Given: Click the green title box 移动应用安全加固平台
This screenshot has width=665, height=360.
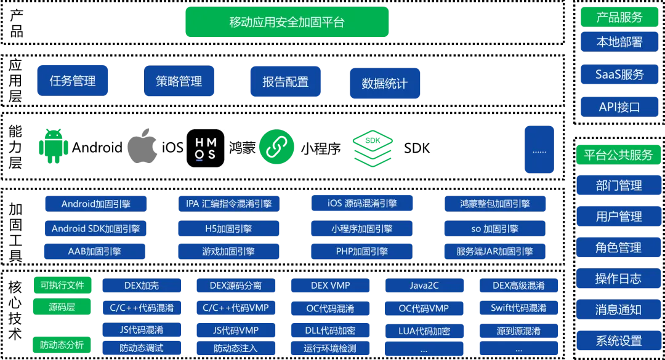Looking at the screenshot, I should pyautogui.click(x=286, y=22).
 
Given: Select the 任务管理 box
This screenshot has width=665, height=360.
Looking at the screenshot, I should pyautogui.click(x=72, y=81).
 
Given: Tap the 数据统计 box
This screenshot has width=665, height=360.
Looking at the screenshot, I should pyautogui.click(x=385, y=83).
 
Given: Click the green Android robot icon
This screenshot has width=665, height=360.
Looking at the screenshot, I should pyautogui.click(x=53, y=147).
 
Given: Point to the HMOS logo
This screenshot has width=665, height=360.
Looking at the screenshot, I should pyautogui.click(x=204, y=148).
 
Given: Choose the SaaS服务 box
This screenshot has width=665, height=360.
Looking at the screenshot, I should pyautogui.click(x=619, y=74).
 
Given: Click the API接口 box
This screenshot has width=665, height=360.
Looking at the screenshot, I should pyautogui.click(x=619, y=106).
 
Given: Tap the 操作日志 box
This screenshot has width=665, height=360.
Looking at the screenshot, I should pyautogui.click(x=619, y=278).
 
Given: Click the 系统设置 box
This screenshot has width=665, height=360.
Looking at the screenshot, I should pyautogui.click(x=619, y=340).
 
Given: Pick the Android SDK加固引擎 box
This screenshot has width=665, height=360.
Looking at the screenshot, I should pyautogui.click(x=95, y=228).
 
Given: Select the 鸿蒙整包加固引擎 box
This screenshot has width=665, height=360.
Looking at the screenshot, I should pyautogui.click(x=494, y=203).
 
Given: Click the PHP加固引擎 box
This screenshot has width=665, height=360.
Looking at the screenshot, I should pyautogui.click(x=361, y=251).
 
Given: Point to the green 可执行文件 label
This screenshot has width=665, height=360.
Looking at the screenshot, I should pyautogui.click(x=62, y=285).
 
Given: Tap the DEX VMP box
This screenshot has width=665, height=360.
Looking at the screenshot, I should pyautogui.click(x=331, y=286).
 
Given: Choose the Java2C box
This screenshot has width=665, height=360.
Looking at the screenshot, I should pyautogui.click(x=424, y=286).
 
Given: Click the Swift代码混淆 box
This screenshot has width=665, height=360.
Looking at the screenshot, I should pyautogui.click(x=518, y=308).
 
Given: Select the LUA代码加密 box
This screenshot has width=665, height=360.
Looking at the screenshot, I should pyautogui.click(x=424, y=331).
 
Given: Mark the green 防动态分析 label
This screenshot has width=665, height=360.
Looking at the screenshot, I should pyautogui.click(x=62, y=345).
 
